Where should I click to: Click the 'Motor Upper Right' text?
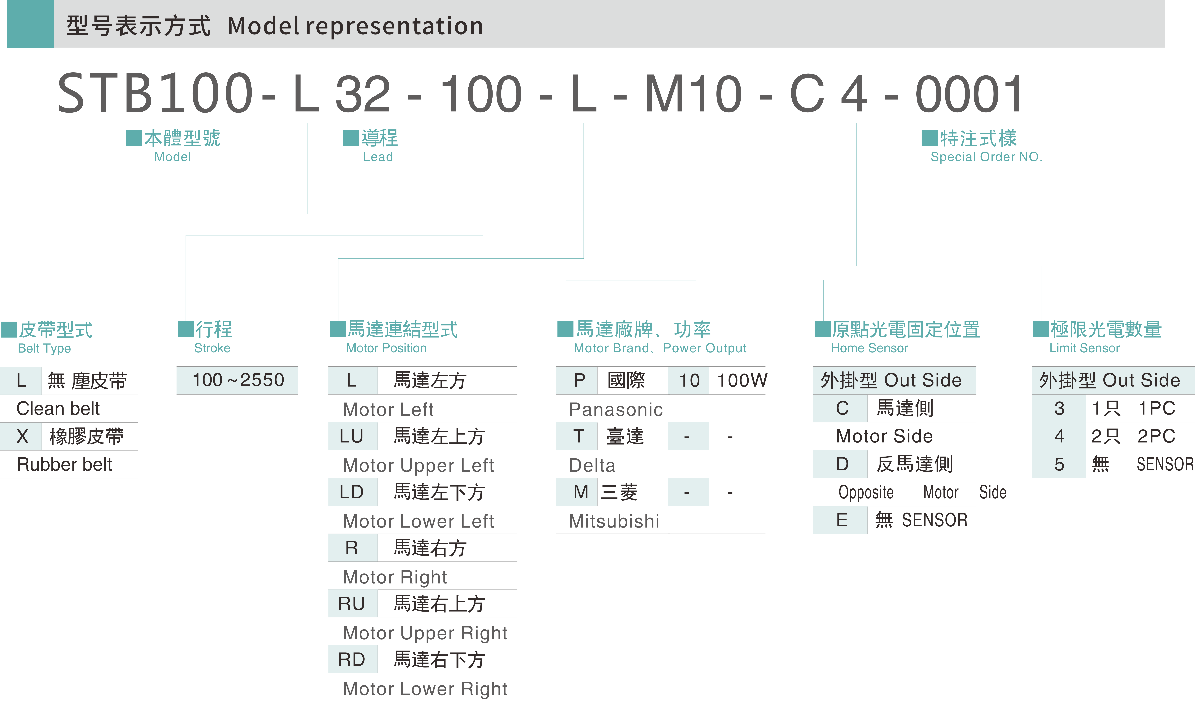click(x=425, y=633)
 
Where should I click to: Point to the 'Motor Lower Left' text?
click(x=418, y=521)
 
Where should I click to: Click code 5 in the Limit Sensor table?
click(x=1059, y=464)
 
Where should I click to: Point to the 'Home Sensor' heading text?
click(x=869, y=348)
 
